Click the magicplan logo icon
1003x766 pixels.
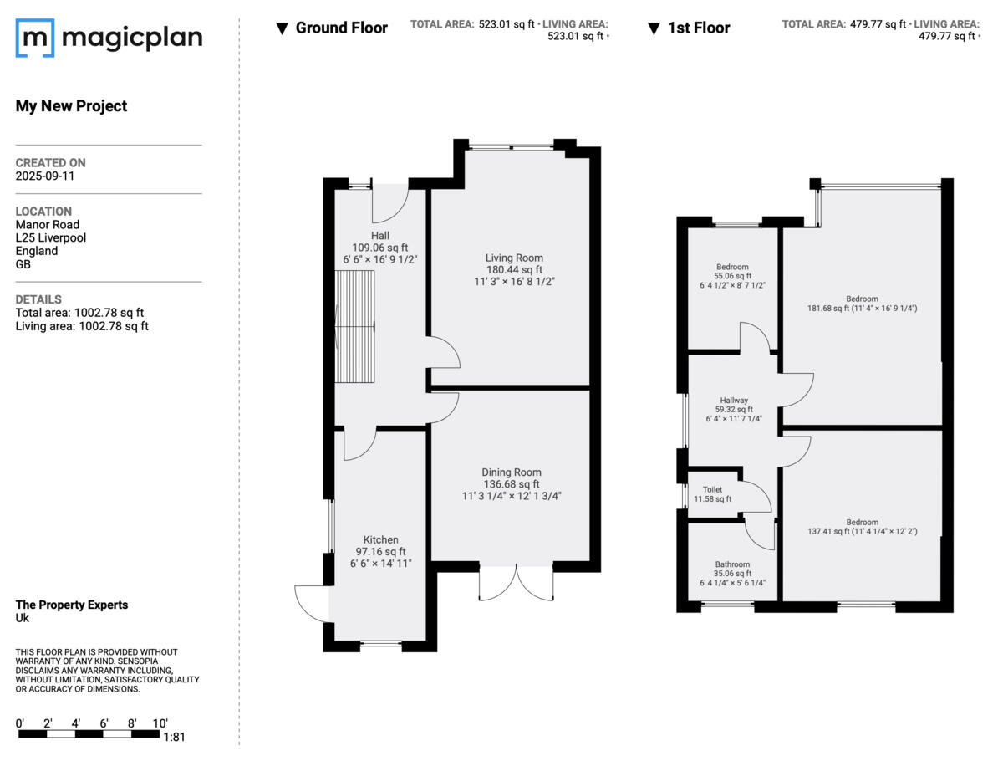(35, 38)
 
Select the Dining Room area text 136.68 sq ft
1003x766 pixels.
(511, 484)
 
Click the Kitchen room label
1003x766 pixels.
(380, 539)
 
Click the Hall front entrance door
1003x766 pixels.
(389, 201)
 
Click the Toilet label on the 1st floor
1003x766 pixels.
(712, 489)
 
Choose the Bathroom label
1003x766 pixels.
(732, 564)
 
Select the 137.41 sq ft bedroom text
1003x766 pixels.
(862, 530)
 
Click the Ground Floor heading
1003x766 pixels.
(341, 28)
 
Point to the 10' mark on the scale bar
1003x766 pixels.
(160, 723)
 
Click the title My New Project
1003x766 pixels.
(71, 106)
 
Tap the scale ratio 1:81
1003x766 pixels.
(175, 738)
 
